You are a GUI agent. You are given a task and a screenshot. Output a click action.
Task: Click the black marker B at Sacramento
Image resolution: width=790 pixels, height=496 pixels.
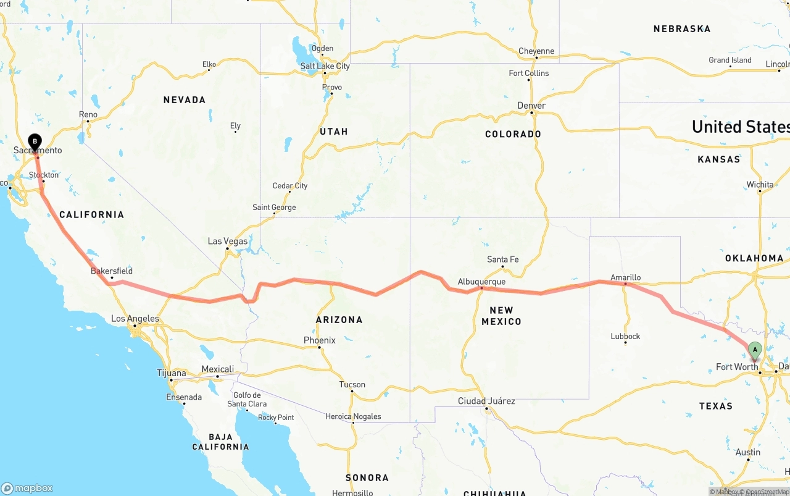(x=35, y=142)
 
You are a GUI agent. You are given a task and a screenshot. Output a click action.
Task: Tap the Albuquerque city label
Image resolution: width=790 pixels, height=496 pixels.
(x=481, y=282)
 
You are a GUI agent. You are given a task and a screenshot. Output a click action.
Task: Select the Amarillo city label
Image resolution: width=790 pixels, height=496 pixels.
(x=625, y=278)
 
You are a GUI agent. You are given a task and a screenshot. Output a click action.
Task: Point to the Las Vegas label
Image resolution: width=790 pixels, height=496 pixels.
(x=228, y=241)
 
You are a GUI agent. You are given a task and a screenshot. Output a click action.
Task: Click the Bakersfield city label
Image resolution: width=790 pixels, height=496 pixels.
(x=112, y=271)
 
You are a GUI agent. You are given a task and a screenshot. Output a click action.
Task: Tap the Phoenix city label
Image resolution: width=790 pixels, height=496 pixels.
(x=319, y=340)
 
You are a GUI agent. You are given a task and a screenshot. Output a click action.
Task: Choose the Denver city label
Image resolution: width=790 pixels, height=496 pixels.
(x=531, y=106)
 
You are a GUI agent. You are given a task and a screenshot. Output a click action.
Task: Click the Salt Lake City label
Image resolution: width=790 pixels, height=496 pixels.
(x=325, y=66)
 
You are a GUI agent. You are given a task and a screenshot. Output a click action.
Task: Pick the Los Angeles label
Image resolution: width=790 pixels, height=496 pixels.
(x=135, y=319)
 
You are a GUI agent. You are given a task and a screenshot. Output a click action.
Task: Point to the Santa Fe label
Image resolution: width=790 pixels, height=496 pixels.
(x=502, y=259)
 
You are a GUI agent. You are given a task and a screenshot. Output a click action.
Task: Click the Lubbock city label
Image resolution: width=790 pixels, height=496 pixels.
(x=625, y=336)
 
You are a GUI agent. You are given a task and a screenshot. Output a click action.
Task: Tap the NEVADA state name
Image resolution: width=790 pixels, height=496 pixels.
(x=184, y=99)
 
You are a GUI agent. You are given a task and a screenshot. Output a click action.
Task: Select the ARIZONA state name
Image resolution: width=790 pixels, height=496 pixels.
(x=339, y=319)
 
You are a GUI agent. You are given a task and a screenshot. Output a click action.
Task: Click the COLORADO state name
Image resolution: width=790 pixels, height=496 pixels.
(x=513, y=134)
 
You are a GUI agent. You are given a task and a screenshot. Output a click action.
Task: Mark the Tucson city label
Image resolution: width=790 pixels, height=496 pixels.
(x=352, y=384)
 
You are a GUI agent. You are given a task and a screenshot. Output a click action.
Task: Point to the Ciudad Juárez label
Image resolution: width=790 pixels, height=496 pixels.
(x=486, y=401)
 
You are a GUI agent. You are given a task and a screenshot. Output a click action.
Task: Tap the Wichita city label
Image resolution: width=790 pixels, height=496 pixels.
(x=759, y=185)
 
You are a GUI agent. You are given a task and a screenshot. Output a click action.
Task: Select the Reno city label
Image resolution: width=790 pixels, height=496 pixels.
(x=88, y=114)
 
